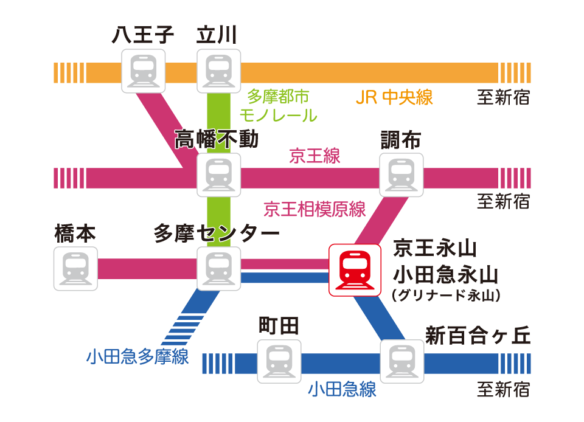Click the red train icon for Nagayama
click(x=350, y=270)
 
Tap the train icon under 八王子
click(x=144, y=71)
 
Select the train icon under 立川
click(x=219, y=71)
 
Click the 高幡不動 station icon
click(x=219, y=175)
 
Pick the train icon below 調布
click(x=401, y=175)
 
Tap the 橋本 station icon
click(x=75, y=269)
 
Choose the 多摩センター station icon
click(x=219, y=269)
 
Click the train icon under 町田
click(x=279, y=361)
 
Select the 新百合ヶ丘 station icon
click(x=401, y=361)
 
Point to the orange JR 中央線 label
click(x=394, y=97)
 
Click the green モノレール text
click(x=279, y=115)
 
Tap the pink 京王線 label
click(x=315, y=156)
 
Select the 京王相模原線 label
click(x=315, y=210)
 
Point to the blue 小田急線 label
click(x=342, y=389)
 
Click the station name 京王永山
click(x=434, y=248)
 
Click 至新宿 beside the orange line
click(x=503, y=97)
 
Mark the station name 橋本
click(x=75, y=234)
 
